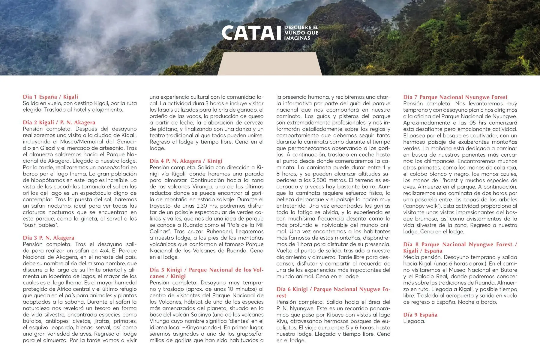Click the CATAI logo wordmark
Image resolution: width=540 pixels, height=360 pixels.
pyautogui.click(x=251, y=33)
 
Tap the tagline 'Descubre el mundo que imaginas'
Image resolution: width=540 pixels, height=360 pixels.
pyautogui.click(x=301, y=33)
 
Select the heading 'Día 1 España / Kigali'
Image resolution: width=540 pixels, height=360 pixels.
pyautogui.click(x=50, y=97)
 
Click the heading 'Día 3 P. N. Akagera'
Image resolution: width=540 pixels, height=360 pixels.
pyautogui.click(x=49, y=238)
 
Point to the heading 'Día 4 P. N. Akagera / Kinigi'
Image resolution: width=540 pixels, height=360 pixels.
pyautogui.click(x=186, y=161)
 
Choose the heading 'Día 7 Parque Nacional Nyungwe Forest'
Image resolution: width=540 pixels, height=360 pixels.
pyautogui.click(x=455, y=97)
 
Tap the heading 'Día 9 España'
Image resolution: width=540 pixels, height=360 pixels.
pyautogui.click(x=420, y=315)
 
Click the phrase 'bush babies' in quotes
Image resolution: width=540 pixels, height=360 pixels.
pyautogui.click(x=40, y=225)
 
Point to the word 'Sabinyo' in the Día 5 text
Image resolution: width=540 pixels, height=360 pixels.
pyautogui.click(x=198, y=315)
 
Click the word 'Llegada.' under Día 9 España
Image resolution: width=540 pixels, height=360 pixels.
pyautogui.click(x=414, y=321)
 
